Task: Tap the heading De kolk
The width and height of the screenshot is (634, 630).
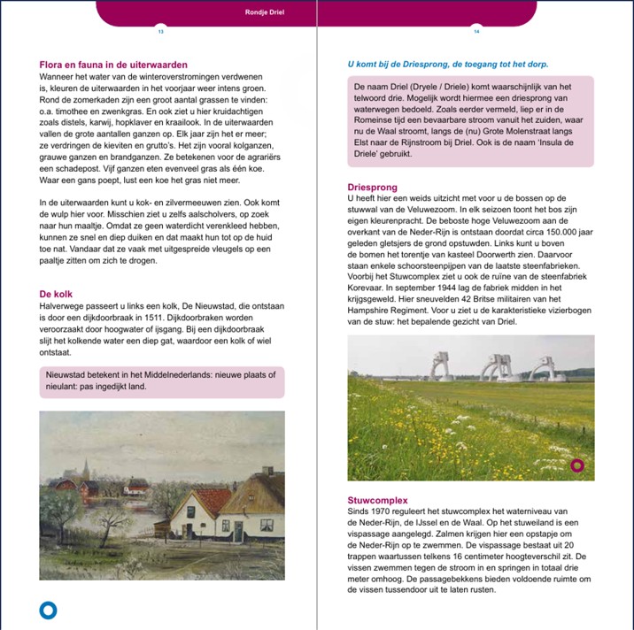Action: [56, 294]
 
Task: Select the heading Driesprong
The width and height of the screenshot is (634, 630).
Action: [373, 188]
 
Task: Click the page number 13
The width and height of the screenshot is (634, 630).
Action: [160, 31]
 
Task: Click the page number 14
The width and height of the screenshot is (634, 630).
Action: [476, 31]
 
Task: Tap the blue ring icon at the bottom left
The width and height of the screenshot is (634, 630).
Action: [49, 610]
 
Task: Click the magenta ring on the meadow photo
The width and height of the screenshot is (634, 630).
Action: [577, 465]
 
